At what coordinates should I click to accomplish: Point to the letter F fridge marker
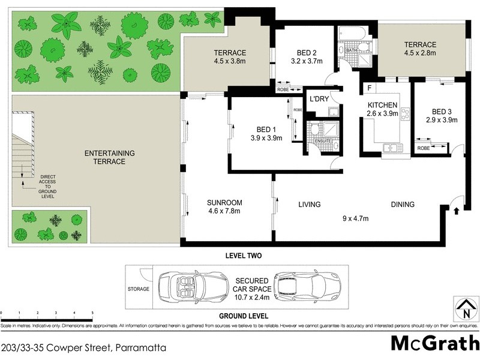click(x=370, y=88)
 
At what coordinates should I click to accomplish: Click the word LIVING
click(x=310, y=205)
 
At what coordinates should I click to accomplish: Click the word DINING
click(x=403, y=205)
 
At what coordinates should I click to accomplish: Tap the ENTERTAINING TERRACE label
click(x=109, y=157)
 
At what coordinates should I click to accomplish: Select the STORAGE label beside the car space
click(x=139, y=288)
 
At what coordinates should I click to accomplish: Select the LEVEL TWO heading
click(x=242, y=256)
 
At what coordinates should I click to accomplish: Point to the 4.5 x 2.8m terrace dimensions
click(x=419, y=53)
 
